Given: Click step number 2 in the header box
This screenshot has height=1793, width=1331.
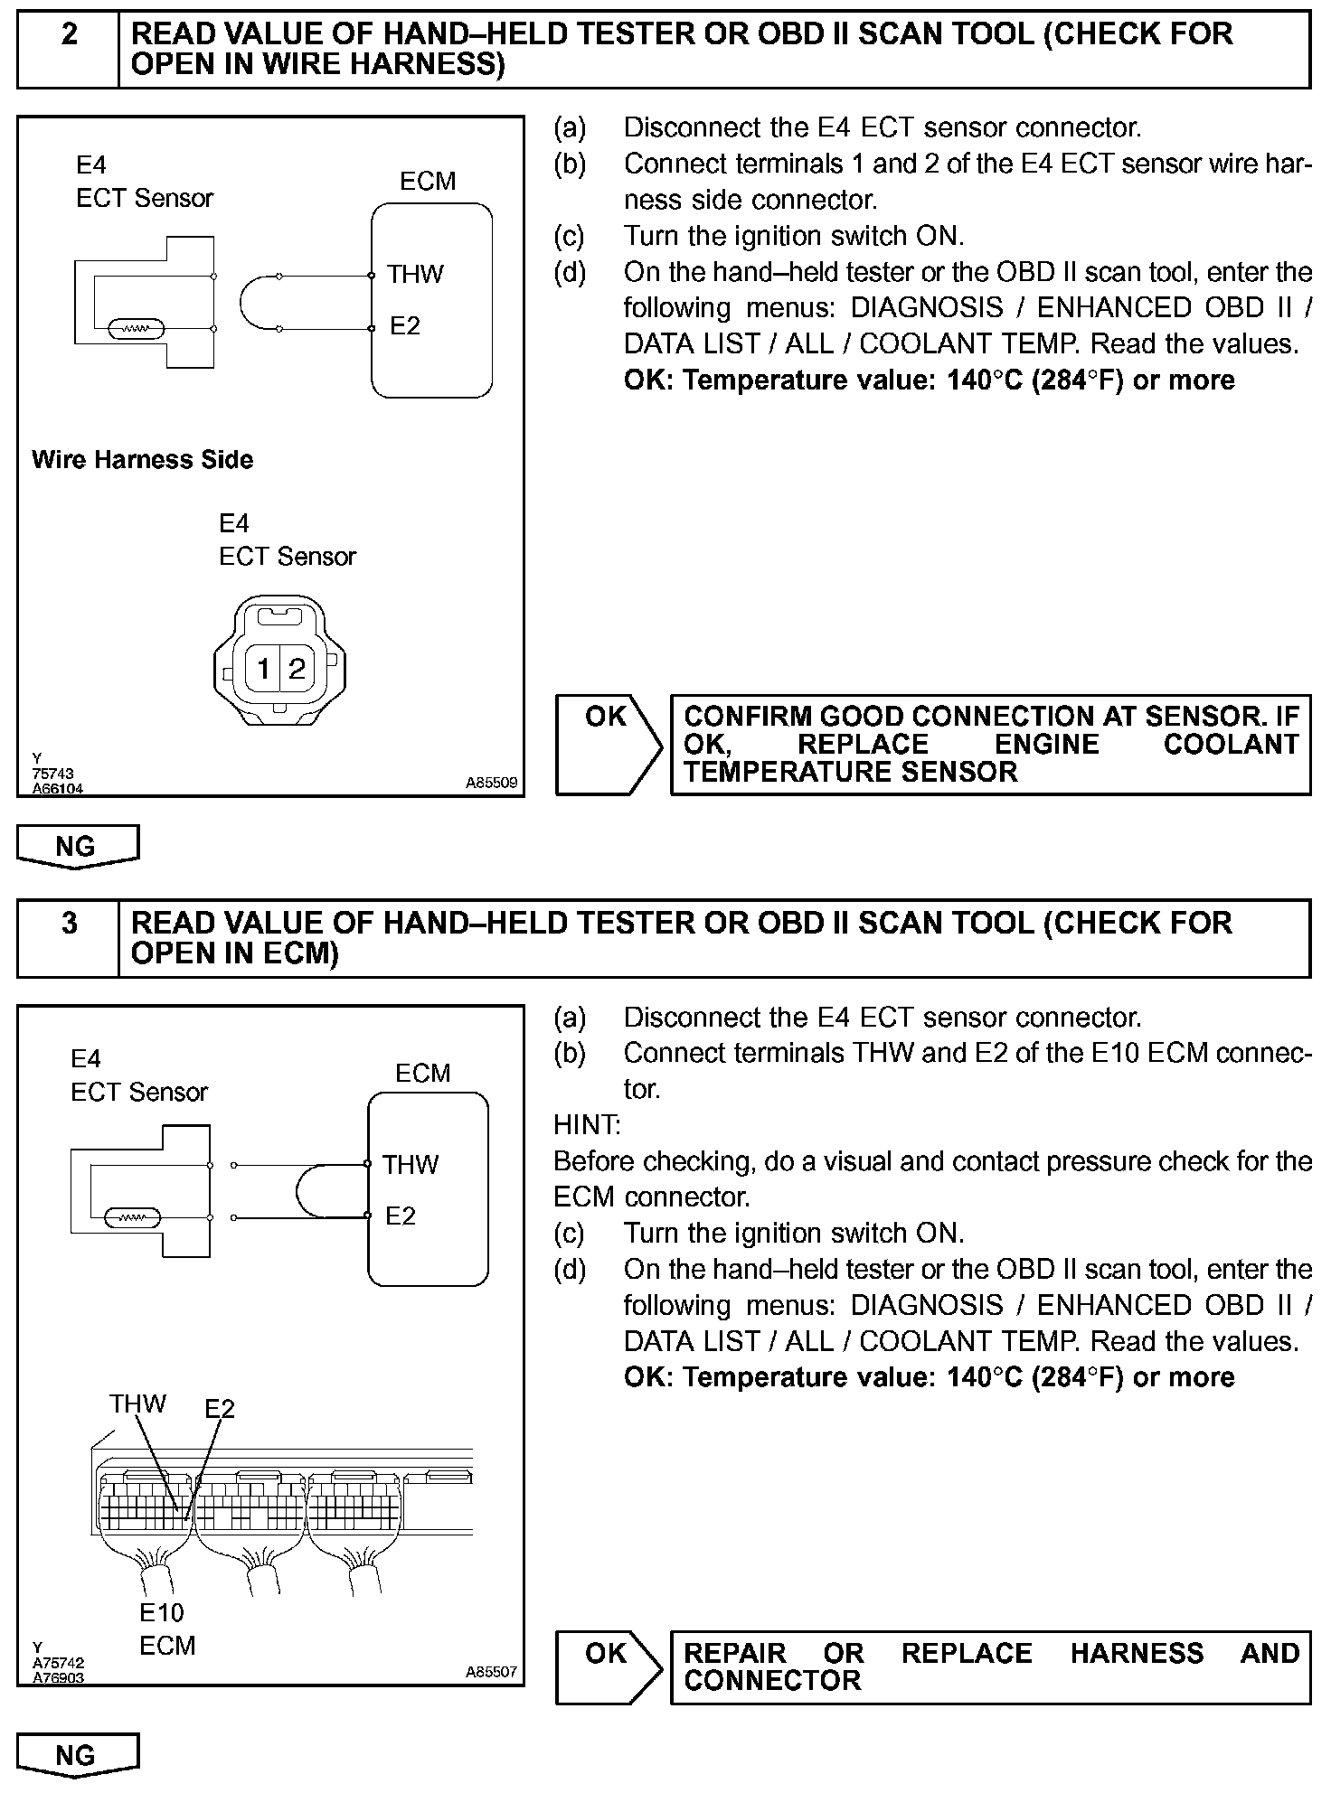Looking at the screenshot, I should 69,35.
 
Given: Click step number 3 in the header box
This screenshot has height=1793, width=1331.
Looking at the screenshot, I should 69,924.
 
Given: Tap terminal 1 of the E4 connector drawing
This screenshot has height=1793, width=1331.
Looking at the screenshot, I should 263,669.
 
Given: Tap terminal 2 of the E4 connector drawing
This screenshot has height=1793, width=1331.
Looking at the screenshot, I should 297,669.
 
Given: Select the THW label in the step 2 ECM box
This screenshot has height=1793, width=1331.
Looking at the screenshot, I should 415,274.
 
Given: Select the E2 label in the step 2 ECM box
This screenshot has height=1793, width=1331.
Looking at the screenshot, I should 405,325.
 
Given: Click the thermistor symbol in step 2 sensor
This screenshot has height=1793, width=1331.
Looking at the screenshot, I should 135,329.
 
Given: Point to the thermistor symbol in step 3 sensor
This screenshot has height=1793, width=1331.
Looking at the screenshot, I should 131,1218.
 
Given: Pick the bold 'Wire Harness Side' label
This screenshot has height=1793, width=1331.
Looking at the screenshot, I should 142,460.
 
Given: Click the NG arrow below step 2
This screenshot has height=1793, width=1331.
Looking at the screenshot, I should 77,847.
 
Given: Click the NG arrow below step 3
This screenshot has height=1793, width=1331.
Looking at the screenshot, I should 77,1755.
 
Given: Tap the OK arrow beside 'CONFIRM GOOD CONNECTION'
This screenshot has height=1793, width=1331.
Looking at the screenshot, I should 608,744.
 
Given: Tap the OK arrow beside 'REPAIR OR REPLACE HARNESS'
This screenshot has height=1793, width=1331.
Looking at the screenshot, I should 608,1667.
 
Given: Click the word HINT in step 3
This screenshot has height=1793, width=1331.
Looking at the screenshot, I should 587,1125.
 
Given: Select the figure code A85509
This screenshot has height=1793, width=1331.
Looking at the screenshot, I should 492,783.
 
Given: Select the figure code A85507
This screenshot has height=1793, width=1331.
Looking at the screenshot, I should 492,1672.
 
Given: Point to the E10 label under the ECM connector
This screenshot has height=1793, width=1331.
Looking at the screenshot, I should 162,1612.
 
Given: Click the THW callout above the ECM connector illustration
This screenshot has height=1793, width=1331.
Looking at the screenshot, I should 137,1403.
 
